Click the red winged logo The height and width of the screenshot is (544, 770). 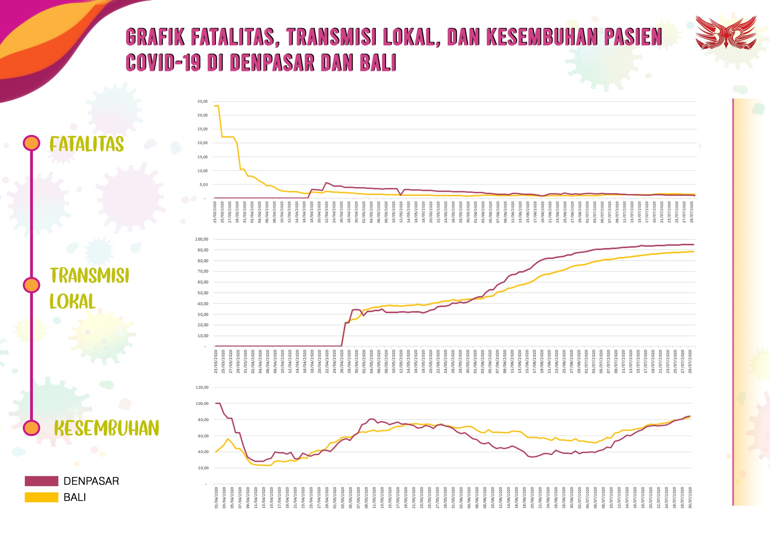coord(725,33)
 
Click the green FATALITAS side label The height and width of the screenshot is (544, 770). coord(87,144)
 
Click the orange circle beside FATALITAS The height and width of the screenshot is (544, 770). coord(32,143)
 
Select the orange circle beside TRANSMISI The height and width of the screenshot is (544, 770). coord(32,285)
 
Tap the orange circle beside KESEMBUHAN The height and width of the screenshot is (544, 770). coord(32,428)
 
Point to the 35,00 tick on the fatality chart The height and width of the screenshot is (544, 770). coord(203,101)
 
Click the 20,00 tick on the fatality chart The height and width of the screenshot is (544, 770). coord(203,143)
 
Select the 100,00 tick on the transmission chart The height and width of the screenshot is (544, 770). coord(201,239)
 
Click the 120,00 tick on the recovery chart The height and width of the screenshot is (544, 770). coord(202,387)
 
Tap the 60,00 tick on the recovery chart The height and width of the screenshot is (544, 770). coord(203,436)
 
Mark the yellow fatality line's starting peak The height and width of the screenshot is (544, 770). coord(217,106)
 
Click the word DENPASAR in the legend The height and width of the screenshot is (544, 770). coord(91,481)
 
